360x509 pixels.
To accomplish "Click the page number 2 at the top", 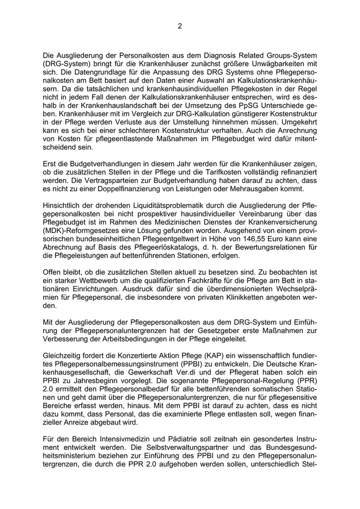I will click(x=179, y=27).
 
